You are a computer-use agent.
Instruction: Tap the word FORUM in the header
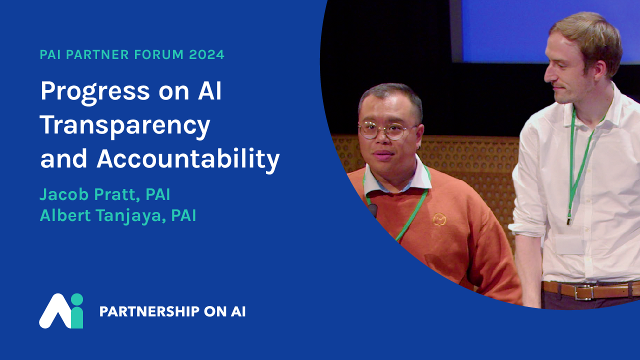tap(159, 54)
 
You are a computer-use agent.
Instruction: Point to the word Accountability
tap(188, 159)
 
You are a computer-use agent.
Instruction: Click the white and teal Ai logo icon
tap(61, 311)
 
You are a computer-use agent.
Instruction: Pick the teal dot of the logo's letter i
tap(76, 299)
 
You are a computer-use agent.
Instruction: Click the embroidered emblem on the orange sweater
tap(439, 219)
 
